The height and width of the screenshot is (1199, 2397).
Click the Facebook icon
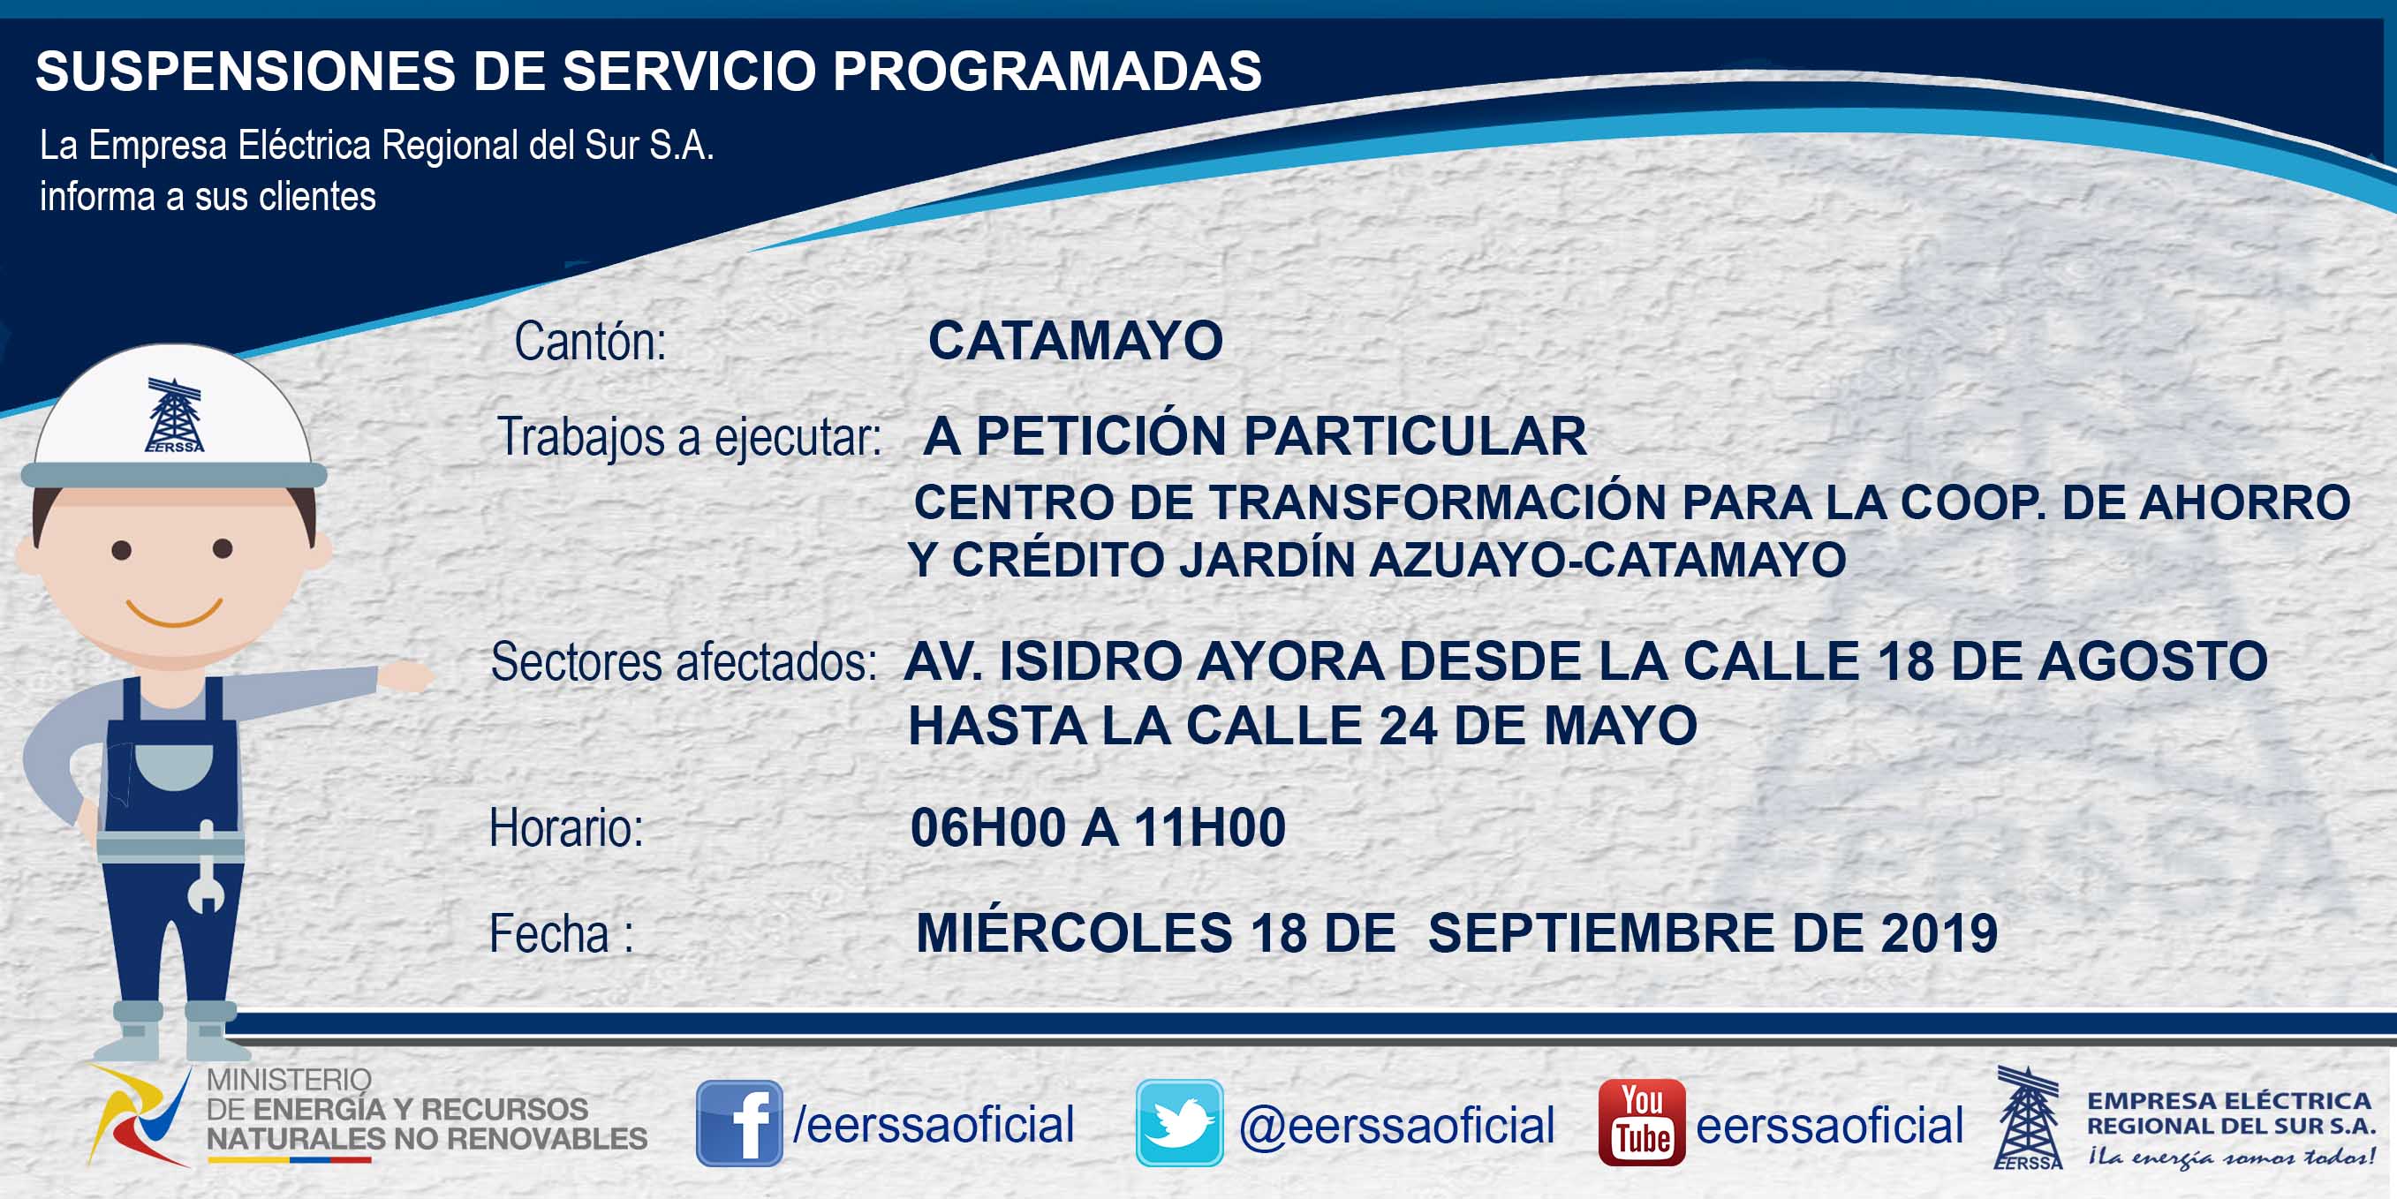740,1123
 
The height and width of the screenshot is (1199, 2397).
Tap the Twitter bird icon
1179,1123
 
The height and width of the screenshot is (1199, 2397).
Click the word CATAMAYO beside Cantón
1076,341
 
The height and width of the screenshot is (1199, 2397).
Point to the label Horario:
567,828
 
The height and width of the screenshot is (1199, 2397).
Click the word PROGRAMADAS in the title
1047,71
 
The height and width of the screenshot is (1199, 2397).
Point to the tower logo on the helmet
174,415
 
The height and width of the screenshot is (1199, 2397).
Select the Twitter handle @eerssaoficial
1396,1126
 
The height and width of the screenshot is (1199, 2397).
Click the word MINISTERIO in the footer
289,1080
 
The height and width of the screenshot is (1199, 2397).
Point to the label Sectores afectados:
684,662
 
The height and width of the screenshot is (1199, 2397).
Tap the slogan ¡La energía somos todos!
2230,1158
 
